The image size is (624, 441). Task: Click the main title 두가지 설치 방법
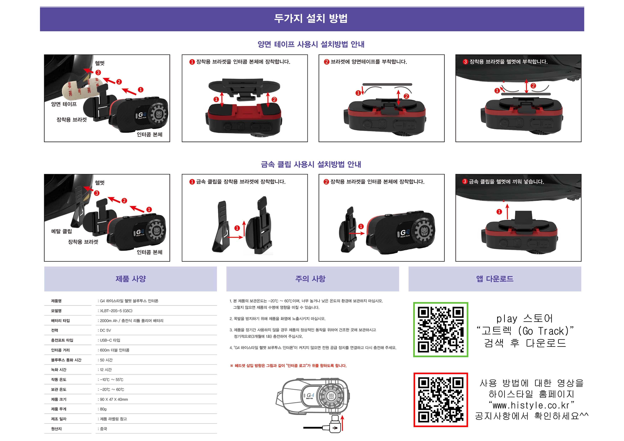311,18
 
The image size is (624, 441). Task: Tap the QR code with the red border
441,400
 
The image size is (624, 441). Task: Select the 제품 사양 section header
131,279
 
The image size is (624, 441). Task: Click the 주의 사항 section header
310,279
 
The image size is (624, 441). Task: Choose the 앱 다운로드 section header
495,279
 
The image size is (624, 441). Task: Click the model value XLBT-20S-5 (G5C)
116,311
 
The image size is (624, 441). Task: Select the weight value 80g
103,409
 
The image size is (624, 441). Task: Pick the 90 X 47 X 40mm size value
114,399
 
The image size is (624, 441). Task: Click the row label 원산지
56,429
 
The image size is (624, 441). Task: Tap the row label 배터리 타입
60,321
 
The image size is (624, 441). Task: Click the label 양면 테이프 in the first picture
64,104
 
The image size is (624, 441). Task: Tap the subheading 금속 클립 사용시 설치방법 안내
311,164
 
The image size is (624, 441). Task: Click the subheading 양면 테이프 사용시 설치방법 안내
311,44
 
